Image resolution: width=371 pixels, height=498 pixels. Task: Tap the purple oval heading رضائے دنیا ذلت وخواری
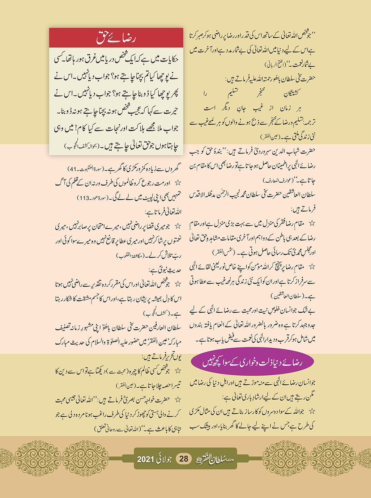252,362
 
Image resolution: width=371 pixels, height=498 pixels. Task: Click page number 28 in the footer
184,459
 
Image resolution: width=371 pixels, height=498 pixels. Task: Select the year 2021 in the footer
145,459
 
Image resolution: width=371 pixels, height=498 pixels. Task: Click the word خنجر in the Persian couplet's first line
259,93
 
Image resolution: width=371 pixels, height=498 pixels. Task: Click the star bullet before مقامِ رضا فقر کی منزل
312,223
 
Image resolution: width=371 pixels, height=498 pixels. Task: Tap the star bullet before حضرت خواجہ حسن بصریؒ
178,400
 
